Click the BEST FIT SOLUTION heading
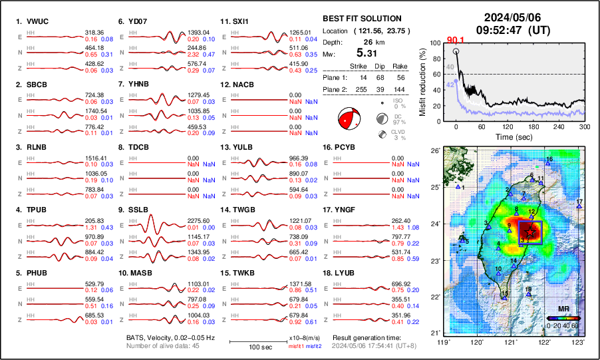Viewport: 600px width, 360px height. (x=361, y=19)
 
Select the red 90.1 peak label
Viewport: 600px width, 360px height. (x=456, y=40)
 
